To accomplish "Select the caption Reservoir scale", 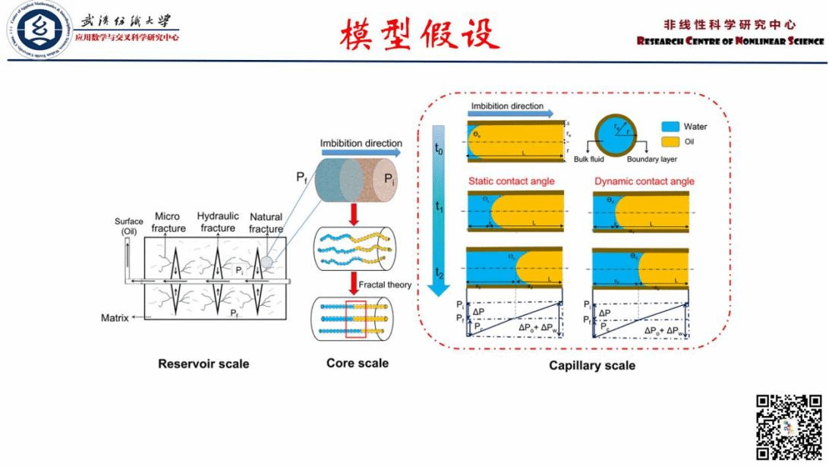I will coord(203,364).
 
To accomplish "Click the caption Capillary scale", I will coord(592,366).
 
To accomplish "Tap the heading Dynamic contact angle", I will coord(645,181).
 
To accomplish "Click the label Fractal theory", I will coord(385,285).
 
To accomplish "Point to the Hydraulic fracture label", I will coord(218,222).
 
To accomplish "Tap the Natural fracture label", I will coord(266,222).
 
